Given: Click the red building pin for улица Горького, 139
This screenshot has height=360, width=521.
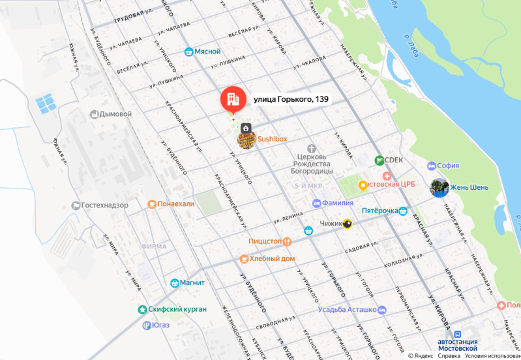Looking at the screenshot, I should tap(231, 99).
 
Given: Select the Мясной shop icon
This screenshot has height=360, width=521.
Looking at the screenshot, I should tap(188, 52).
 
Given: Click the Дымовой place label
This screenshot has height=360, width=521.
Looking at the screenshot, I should tap(115, 114).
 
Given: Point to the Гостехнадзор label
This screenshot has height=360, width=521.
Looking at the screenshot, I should tap(104, 205).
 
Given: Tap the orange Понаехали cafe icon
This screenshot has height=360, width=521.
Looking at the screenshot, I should tap(151, 203).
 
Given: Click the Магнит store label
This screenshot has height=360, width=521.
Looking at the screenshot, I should tap(194, 283).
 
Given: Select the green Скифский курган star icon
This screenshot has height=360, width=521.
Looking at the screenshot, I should tap(142, 308).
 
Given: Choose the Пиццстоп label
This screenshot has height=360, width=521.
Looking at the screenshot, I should tap(265, 241).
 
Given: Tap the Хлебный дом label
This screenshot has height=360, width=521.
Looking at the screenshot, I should tap(273, 258).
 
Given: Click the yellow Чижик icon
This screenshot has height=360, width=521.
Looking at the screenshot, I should tap(348, 224).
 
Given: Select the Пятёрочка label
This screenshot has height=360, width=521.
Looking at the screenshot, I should tap(380, 211).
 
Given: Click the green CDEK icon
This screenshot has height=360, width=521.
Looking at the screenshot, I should tap(378, 160).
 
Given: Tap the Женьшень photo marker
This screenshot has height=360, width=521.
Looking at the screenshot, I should tap(439, 188).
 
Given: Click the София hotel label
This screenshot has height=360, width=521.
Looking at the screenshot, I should tap(448, 166).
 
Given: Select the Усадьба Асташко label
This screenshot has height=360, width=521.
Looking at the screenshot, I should tap(348, 310).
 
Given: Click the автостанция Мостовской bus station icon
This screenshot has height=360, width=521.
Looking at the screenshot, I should tap(457, 333).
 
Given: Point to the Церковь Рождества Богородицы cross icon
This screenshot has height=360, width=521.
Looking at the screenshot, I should tap(312, 149).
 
